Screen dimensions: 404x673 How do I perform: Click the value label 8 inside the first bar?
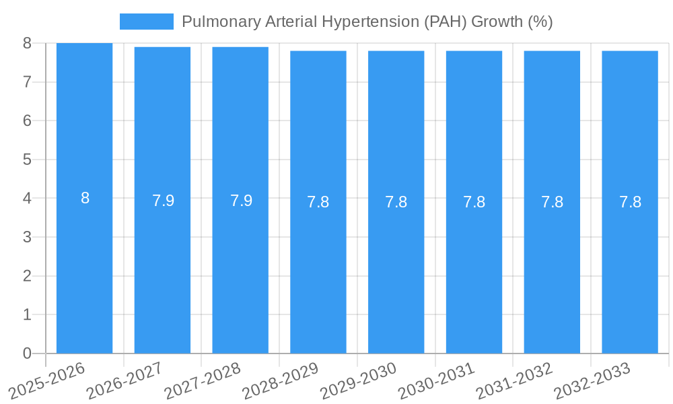pos(85,199)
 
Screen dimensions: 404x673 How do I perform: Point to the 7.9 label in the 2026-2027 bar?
pos(163,201)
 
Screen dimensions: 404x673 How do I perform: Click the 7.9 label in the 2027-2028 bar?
pos(241,201)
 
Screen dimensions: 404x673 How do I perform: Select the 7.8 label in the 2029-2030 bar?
pos(396,202)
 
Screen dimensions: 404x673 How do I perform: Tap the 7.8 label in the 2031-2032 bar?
pos(552,202)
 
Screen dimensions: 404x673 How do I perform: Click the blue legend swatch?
pos(146,22)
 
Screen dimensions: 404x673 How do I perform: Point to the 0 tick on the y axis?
pos(27,353)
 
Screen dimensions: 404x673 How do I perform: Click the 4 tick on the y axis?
pos(27,199)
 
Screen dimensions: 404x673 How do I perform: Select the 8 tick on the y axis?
pos(27,43)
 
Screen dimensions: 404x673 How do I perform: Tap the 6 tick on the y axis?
pos(27,121)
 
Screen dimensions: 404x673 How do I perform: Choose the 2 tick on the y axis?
pos(27,276)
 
